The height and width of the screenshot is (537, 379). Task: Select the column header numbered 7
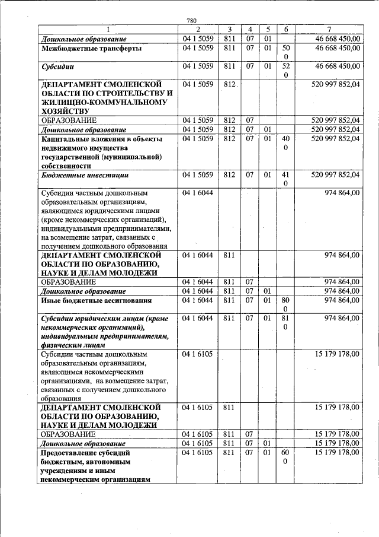[329, 30]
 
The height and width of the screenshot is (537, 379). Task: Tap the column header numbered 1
[108, 30]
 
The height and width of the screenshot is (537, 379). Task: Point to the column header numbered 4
[250, 30]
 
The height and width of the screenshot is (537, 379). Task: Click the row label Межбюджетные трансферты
[91, 49]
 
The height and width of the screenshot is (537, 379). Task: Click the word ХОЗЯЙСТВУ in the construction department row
[64, 110]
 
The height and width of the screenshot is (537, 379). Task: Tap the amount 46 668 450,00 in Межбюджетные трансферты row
[337, 49]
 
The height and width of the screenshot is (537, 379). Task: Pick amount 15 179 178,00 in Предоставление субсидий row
[335, 453]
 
